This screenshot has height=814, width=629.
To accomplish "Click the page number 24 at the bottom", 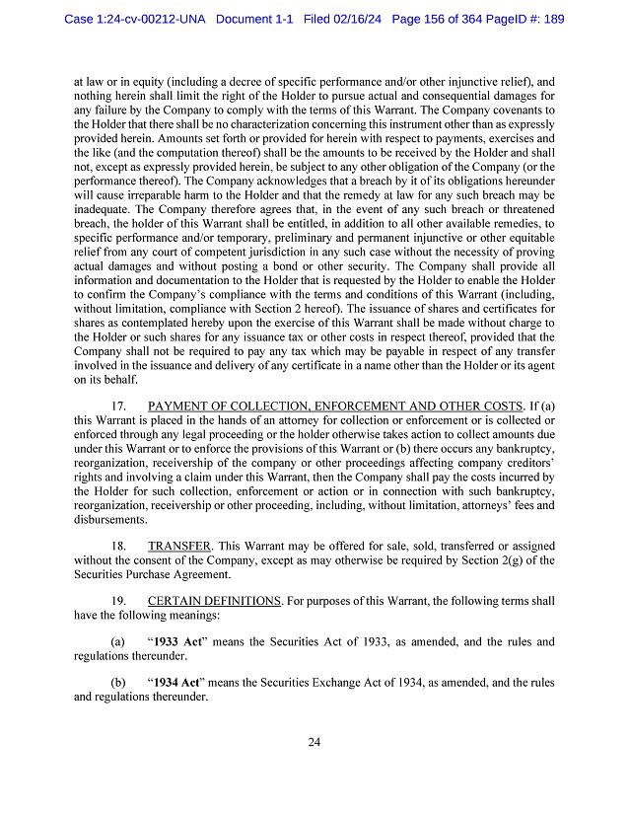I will (x=314, y=743).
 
